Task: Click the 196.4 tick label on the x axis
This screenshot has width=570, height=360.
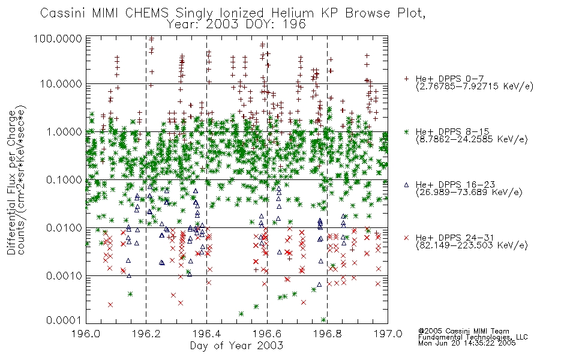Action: (x=206, y=334)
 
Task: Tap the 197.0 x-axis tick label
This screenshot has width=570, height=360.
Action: (x=388, y=334)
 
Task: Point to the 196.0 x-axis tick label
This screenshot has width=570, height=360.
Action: (x=86, y=334)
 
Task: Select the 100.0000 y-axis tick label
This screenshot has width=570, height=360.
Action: (x=58, y=38)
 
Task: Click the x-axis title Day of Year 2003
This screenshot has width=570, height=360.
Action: (x=236, y=346)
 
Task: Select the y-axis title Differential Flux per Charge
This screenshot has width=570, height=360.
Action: (x=11, y=182)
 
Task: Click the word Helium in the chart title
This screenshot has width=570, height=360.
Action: (x=292, y=13)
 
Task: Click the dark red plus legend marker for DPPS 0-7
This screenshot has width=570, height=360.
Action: (x=407, y=79)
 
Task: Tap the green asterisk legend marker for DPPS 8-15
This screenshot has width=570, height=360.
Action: (x=407, y=131)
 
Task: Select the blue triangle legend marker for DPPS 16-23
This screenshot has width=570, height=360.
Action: (x=406, y=185)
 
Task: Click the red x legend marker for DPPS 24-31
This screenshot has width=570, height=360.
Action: (x=406, y=238)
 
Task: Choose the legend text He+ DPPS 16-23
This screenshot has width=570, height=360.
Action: (x=455, y=185)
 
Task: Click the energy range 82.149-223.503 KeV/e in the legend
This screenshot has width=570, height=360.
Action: (x=472, y=245)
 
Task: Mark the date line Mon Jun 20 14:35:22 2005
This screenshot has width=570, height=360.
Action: (x=467, y=343)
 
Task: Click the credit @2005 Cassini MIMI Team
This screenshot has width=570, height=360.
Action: (x=463, y=331)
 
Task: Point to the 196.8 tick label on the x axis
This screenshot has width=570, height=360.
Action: (x=327, y=334)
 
